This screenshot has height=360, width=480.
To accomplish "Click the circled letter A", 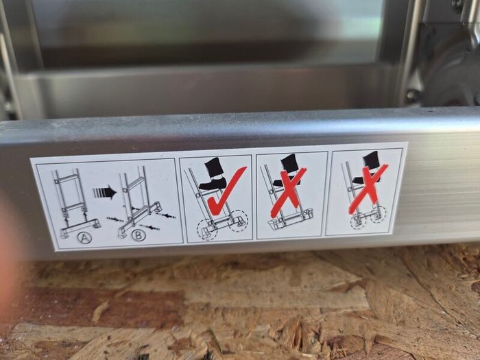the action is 84,237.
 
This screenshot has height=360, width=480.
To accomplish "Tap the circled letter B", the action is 139,235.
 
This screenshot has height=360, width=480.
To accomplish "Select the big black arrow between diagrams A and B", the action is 105,193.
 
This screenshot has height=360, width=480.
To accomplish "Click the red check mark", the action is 226,191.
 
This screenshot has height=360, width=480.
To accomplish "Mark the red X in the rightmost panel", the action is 368,189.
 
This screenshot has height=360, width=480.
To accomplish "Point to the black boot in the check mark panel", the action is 213,174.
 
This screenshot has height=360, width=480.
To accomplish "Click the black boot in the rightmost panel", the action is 368,167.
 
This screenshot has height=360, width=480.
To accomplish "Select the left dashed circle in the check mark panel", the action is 207,230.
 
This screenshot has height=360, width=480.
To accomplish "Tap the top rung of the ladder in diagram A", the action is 67,178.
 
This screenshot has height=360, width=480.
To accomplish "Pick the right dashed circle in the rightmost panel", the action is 379,213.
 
